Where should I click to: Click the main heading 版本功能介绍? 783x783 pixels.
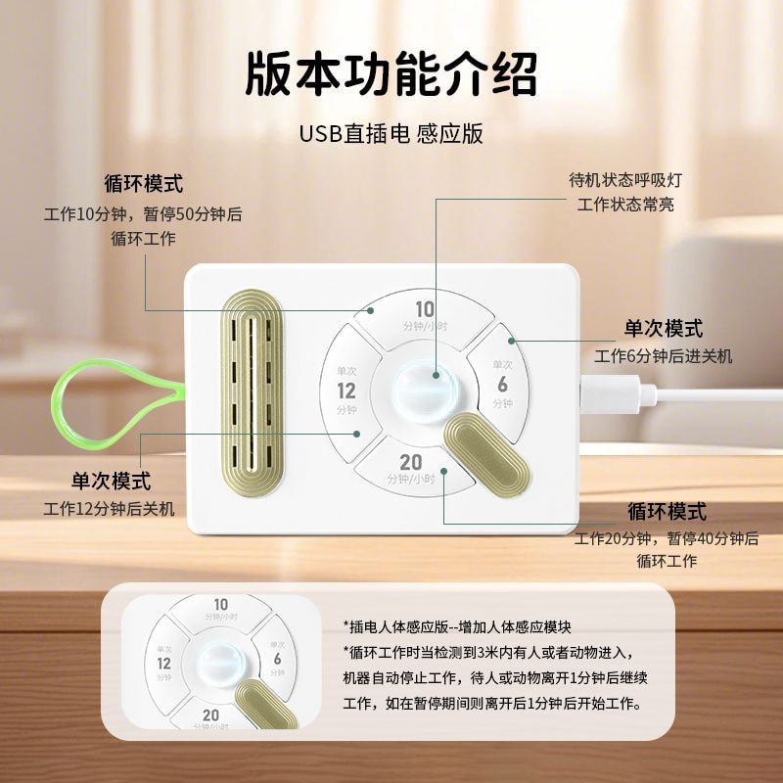click(391, 73)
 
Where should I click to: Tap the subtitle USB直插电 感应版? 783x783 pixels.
click(391, 133)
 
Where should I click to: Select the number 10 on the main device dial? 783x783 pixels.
click(425, 309)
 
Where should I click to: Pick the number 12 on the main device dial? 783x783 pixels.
click(346, 391)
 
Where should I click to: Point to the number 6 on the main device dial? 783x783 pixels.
click(502, 384)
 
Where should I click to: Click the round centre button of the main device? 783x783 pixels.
click(424, 386)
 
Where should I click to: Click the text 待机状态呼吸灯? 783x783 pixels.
click(625, 181)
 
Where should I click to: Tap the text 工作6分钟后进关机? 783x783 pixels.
click(663, 355)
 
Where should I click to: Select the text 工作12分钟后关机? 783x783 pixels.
click(109, 508)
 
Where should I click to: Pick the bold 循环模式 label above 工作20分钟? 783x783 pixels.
click(667, 512)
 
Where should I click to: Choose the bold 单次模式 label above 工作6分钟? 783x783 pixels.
click(664, 329)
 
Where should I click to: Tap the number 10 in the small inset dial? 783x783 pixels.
click(221, 605)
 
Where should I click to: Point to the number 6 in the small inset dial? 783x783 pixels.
click(277, 659)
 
